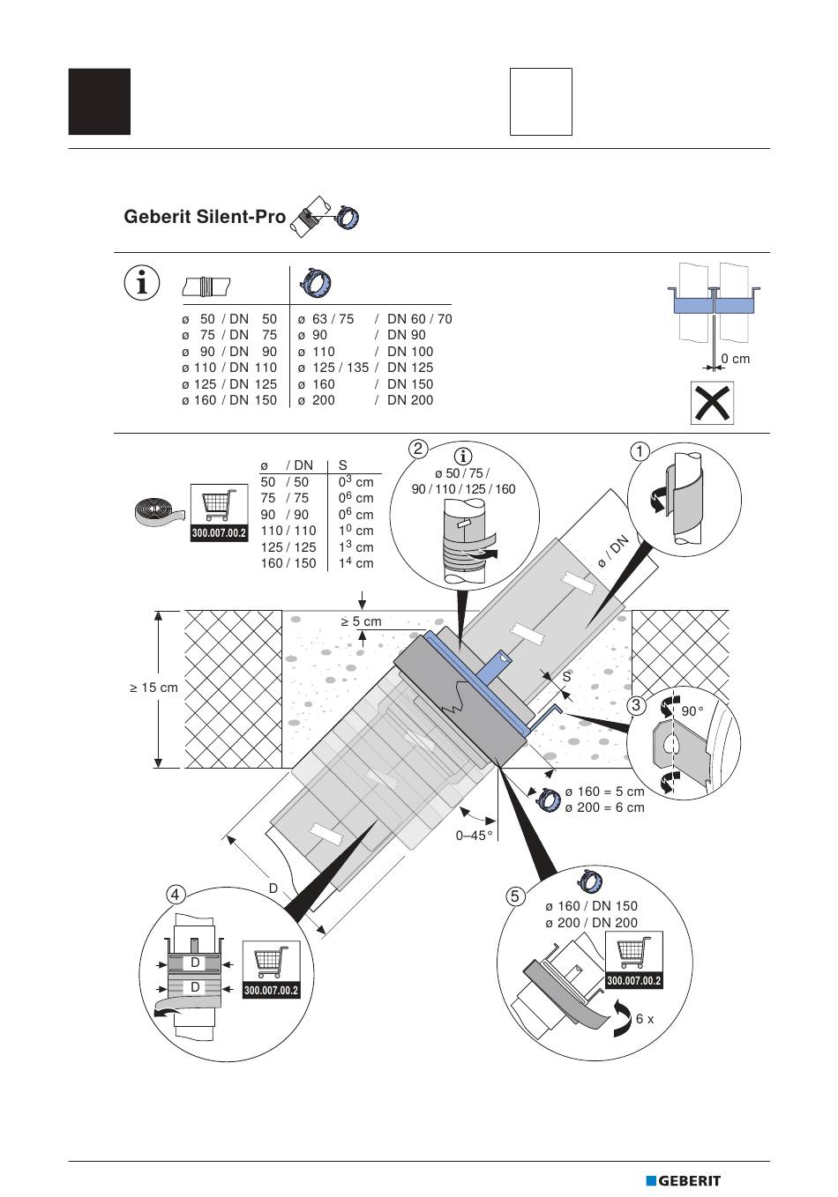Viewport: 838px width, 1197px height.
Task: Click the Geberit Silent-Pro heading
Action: (205, 217)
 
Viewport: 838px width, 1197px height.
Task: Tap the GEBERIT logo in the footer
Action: (683, 1180)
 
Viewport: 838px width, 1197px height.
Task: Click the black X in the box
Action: (713, 403)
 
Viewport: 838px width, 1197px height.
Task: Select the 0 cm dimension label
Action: (736, 359)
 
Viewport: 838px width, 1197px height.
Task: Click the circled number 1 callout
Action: (640, 451)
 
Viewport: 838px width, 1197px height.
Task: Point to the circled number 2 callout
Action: (418, 449)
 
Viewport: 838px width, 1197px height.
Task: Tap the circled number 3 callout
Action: (636, 705)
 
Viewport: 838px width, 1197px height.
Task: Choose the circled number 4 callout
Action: (176, 894)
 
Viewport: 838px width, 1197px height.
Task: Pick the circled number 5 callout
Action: (515, 896)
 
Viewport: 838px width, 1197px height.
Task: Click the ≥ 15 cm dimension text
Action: (154, 688)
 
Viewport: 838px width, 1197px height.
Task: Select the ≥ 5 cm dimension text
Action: (361, 621)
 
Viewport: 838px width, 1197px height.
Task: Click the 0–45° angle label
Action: (474, 836)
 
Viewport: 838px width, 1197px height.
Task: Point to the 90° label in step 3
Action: (692, 711)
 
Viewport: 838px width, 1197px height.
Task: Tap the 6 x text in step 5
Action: (645, 1019)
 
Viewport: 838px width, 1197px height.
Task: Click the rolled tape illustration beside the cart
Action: (159, 510)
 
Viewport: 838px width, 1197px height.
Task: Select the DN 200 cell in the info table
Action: (410, 399)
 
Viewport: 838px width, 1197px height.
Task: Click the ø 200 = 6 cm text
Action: (605, 807)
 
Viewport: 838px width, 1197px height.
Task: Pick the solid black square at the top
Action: (100, 101)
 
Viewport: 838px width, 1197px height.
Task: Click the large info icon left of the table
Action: (142, 282)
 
